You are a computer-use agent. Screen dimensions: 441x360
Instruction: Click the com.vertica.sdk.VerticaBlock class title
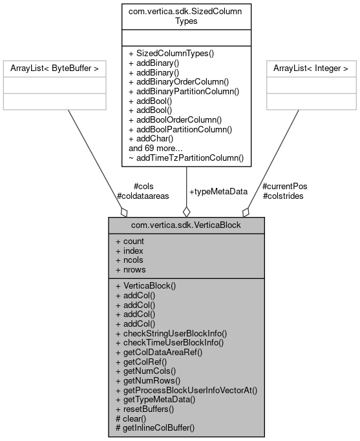click(186, 224)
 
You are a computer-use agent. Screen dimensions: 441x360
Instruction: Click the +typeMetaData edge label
click(218, 192)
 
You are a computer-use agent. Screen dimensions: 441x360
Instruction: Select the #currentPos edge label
click(285, 186)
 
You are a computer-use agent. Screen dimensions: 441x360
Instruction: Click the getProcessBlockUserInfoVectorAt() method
click(186, 390)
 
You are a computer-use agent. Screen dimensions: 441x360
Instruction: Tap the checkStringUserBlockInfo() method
click(171, 333)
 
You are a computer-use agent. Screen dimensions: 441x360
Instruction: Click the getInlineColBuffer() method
click(154, 428)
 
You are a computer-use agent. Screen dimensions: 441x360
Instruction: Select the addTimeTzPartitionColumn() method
click(186, 157)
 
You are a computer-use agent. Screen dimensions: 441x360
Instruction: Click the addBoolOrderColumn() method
click(175, 119)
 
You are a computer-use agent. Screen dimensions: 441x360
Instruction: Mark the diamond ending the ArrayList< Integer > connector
click(246, 212)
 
